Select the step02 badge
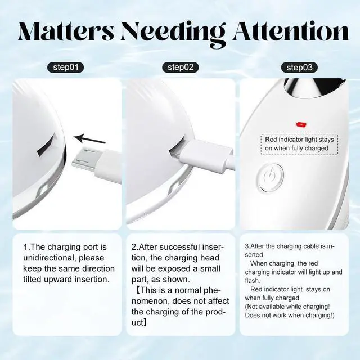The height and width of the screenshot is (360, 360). pyautogui.click(x=181, y=67)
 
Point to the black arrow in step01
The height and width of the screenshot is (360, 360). pyautogui.click(x=91, y=138)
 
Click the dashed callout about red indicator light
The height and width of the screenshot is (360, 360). pyautogui.click(x=296, y=143)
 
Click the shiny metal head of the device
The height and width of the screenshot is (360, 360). pyautogui.click(x=309, y=87)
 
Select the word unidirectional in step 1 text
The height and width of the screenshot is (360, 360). pyautogui.click(x=49, y=258)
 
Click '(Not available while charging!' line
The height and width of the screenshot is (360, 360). pyautogui.click(x=287, y=307)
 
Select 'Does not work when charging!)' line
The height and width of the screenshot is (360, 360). pyautogui.click(x=289, y=315)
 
